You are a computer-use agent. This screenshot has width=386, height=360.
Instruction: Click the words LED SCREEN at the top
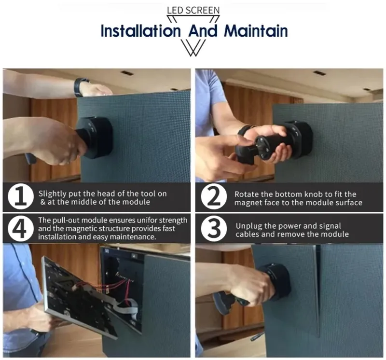pos(193,10)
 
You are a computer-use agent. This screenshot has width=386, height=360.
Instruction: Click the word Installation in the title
pos(140,31)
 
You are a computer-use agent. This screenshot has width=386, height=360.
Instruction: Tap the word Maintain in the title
pos(256,31)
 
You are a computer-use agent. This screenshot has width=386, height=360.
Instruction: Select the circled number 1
pos(21,197)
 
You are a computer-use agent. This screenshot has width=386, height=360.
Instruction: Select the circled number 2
pos(214,197)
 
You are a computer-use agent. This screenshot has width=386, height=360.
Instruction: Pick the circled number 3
pos(214,229)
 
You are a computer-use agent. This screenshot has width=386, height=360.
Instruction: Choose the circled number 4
pos(21,229)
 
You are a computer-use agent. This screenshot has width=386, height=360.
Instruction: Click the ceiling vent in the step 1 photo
pos(126,72)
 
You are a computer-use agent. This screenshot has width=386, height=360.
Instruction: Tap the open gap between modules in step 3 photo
pos(317,291)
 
